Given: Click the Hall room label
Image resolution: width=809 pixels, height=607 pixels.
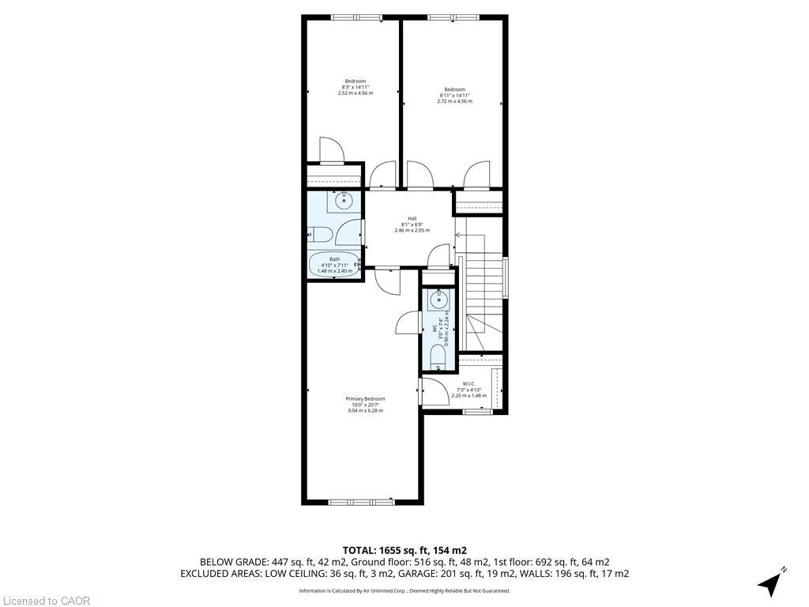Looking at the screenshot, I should [x=412, y=218].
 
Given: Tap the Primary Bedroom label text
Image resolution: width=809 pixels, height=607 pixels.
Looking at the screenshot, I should [x=365, y=398].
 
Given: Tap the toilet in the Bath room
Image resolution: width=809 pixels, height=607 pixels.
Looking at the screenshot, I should [x=320, y=234].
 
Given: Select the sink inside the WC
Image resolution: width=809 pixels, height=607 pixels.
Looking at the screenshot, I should [x=438, y=300].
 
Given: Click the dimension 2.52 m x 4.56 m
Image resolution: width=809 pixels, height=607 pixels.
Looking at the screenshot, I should [x=355, y=93].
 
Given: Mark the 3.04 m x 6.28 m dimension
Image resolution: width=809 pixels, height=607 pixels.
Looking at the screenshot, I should [x=365, y=410].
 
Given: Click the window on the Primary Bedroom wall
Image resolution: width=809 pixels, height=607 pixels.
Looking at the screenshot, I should [x=361, y=501].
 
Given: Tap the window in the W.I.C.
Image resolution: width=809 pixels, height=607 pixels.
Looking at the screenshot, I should [x=476, y=411].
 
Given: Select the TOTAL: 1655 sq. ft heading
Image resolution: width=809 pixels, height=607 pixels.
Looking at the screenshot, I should [x=404, y=550].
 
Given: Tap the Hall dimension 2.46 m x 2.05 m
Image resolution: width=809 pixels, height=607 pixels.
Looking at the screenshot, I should [x=412, y=230].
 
